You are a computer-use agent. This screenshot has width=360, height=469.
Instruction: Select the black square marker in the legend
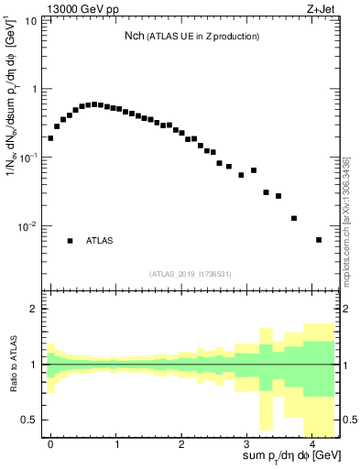coord(70,241)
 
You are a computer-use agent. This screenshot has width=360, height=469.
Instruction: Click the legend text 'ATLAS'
coord(100,241)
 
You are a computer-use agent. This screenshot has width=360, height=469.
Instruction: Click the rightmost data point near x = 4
coord(319,240)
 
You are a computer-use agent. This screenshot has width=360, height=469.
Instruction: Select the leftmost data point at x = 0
coord(50,138)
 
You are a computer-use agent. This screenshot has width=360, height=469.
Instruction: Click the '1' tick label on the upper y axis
coord(34,89)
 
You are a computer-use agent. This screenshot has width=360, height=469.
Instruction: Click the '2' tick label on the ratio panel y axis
coord(34,309)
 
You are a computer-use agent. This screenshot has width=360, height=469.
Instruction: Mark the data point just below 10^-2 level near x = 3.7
coord(294,218)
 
